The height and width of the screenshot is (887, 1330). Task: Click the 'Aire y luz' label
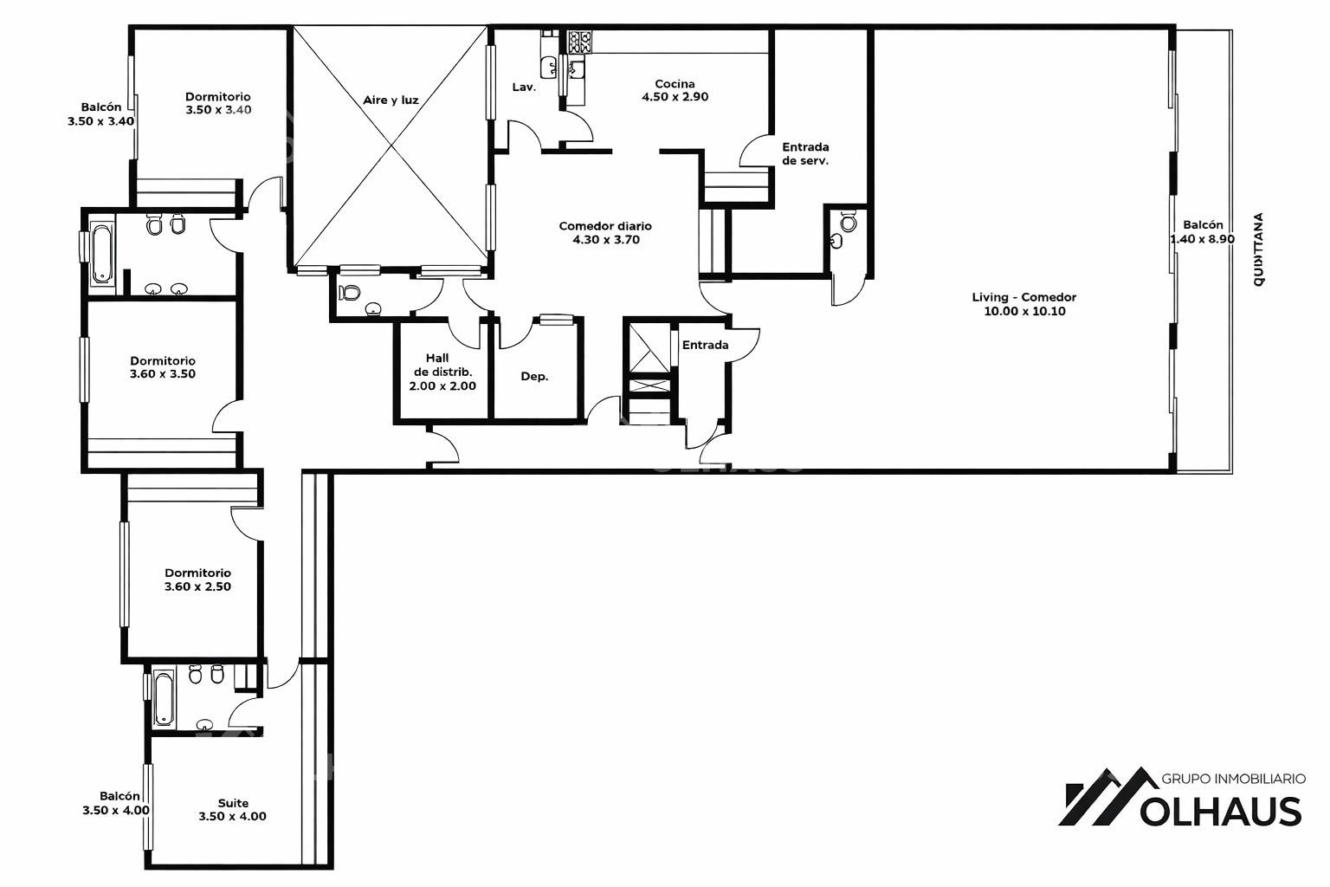click(391, 100)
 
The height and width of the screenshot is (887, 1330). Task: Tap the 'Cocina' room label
click(675, 84)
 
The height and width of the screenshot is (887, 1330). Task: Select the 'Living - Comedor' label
click(1023, 297)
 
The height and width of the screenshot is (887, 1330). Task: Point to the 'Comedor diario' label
click(605, 226)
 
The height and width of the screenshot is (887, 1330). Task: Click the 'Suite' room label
click(233, 803)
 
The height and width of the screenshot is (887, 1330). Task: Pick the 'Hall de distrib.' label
click(442, 365)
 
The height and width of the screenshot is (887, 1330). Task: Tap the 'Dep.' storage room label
click(534, 377)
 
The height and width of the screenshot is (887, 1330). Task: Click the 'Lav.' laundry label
click(524, 87)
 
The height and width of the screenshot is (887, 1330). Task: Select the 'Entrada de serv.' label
click(805, 153)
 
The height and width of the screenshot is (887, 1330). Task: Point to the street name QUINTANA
click(1258, 250)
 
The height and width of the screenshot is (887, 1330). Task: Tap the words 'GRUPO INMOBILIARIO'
click(1233, 778)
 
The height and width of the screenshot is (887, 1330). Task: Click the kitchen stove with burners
click(580, 42)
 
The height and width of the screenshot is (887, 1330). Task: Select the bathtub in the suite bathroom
click(165, 698)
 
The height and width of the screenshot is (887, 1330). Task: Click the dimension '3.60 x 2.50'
click(197, 586)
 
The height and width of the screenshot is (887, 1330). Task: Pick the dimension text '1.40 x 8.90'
click(1203, 239)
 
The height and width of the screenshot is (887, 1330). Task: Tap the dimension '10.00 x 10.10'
click(1025, 311)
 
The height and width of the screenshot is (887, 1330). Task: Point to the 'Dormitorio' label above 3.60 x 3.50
click(163, 360)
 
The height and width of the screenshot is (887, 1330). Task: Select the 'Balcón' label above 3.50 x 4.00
click(120, 796)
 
